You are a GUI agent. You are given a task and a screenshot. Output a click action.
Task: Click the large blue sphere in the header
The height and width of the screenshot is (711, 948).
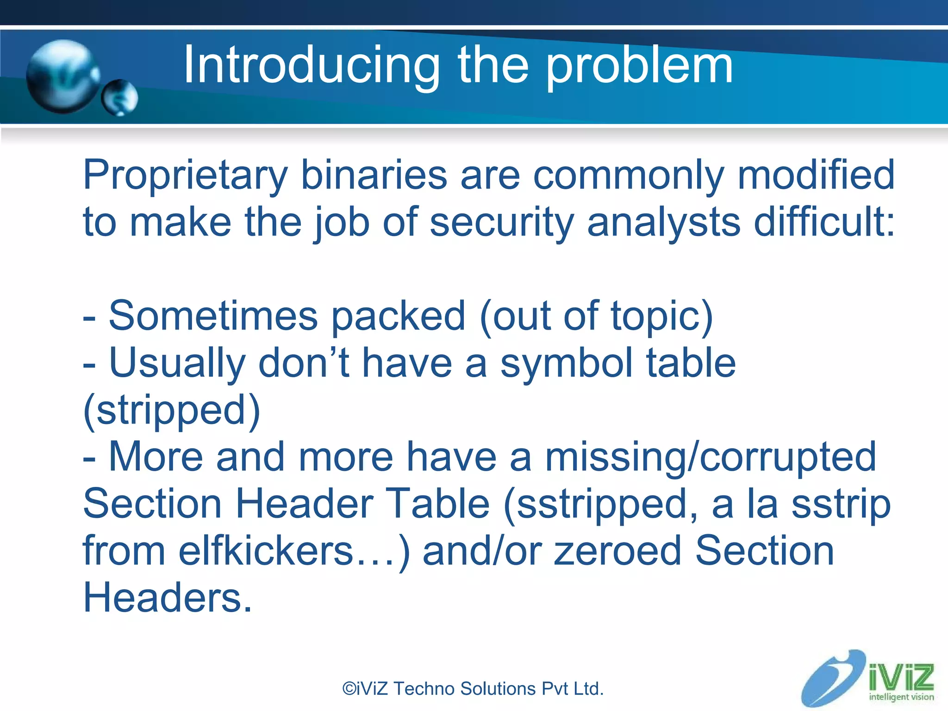63,76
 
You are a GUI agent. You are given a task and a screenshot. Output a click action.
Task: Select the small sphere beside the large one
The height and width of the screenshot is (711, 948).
120,98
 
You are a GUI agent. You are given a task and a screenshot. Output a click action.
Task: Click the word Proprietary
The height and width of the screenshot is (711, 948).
186,176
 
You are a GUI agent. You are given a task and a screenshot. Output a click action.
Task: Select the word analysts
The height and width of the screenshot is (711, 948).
664,222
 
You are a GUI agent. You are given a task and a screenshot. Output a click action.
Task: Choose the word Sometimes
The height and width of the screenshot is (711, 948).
213,316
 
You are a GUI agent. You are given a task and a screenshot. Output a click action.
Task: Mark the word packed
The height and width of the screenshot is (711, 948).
399,317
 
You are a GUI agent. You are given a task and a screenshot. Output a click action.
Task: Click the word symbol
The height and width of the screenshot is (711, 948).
567,363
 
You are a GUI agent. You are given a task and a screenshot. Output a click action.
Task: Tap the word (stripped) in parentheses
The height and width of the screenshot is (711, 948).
172,411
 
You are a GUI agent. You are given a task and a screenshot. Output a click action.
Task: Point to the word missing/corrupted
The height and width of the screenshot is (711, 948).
711,457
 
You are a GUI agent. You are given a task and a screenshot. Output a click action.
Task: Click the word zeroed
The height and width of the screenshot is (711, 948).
618,551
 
